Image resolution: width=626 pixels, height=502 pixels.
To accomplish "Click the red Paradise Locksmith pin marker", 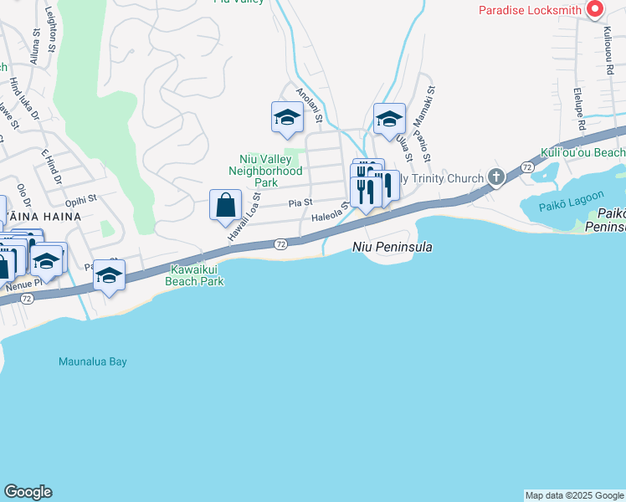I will [x=595, y=9].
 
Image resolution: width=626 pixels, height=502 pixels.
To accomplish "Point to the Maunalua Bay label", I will [x=93, y=361].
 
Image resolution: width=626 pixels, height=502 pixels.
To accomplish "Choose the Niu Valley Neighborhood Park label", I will [x=265, y=170].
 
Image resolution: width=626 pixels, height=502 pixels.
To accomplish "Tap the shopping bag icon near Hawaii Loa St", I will [x=225, y=205].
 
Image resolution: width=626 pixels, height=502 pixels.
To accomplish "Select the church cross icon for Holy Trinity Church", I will [x=495, y=177].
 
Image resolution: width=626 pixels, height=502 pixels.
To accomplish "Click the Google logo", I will [x=28, y=492].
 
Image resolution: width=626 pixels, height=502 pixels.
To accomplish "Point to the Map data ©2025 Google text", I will [x=574, y=495].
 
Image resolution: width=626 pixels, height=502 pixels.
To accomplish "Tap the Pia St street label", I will [x=300, y=202].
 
